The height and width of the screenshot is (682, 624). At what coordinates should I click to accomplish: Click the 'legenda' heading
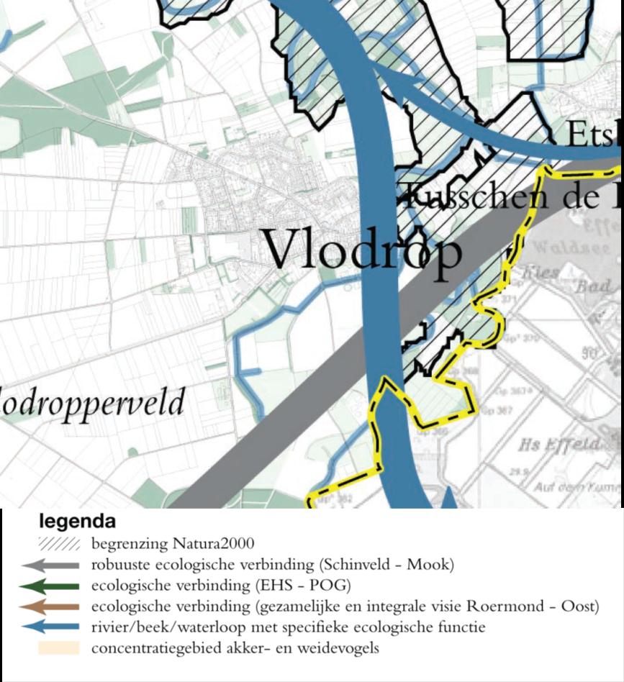pyautogui.click(x=76, y=520)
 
